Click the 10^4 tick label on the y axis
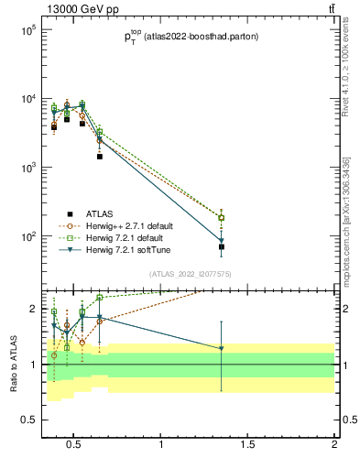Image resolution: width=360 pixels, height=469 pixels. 27,99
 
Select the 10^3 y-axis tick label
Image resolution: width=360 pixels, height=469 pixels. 27,168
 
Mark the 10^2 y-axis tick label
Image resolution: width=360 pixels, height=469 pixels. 27,236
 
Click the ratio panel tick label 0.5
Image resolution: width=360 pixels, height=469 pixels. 27,420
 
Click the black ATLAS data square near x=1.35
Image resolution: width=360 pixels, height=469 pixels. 222,247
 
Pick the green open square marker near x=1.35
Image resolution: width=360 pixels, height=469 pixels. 222,218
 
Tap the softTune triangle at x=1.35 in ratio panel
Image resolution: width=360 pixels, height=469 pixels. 222,348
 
